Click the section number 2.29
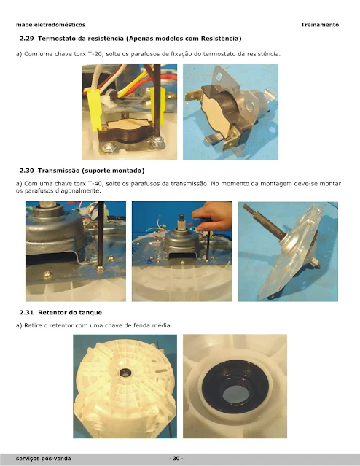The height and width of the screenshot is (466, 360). coord(27,39)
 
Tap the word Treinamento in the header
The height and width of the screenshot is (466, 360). coord(320,25)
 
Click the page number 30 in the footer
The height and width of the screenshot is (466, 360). coord(176,458)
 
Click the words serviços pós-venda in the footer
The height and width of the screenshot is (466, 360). coord(44,458)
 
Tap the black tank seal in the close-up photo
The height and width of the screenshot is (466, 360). coord(235,387)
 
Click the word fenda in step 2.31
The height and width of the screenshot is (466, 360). coord(142,325)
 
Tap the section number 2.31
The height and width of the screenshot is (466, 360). coord(27,312)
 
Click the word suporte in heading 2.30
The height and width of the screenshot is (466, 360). coord(96,171)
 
